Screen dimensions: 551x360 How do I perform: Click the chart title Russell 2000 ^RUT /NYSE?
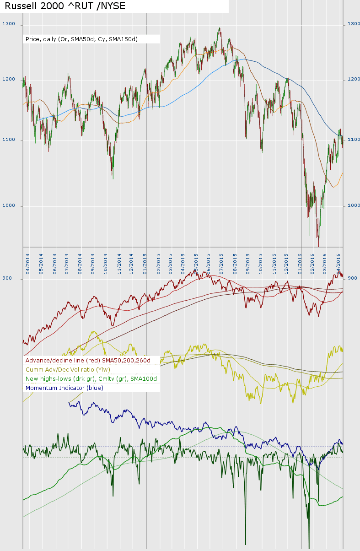[64, 6]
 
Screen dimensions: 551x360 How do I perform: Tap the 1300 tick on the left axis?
[9, 24]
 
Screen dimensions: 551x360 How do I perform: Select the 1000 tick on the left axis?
[9, 205]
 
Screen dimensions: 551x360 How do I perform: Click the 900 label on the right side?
[353, 278]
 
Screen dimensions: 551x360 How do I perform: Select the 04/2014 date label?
[28, 264]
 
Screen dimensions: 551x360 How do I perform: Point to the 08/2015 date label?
[235, 264]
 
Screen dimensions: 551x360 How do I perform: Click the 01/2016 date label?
[300, 264]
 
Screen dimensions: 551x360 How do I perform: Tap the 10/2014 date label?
[106, 264]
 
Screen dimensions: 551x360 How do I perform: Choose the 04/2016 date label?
[339, 264]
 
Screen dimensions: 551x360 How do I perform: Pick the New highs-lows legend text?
[91, 378]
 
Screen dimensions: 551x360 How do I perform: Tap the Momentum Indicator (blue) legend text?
[64, 388]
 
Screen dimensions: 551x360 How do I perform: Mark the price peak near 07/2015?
[220, 28]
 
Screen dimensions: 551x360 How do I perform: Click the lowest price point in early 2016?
[318, 246]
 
